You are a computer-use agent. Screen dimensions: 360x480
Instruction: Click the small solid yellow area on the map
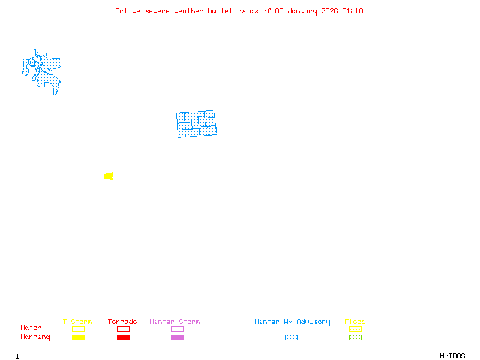coord(109,176)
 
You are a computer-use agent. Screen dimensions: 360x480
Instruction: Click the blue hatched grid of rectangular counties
coord(196,124)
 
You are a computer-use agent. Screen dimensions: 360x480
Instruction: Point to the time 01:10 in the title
coord(352,11)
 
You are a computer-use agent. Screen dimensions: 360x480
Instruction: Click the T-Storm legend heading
coord(77,322)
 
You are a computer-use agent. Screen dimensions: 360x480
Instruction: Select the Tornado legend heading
coord(122,322)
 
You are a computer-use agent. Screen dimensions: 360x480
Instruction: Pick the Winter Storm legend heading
coord(175,322)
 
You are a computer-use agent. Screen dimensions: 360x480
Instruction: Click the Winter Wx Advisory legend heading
coord(292,322)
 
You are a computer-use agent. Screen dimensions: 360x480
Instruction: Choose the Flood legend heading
coord(355,322)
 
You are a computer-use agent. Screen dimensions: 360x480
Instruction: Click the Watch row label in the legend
coord(31,328)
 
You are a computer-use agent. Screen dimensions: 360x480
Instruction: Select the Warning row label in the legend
coord(35,337)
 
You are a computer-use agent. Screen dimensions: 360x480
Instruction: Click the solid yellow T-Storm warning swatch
coord(78,337)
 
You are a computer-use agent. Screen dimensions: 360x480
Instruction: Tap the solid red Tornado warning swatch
coord(123,337)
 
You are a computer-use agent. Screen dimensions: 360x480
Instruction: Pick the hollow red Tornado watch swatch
coord(123,329)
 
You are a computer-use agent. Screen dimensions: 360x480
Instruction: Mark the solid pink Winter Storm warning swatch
coord(177,337)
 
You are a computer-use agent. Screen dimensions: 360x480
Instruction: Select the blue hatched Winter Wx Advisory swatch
coord(291,337)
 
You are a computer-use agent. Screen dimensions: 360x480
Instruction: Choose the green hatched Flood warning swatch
coord(355,337)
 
